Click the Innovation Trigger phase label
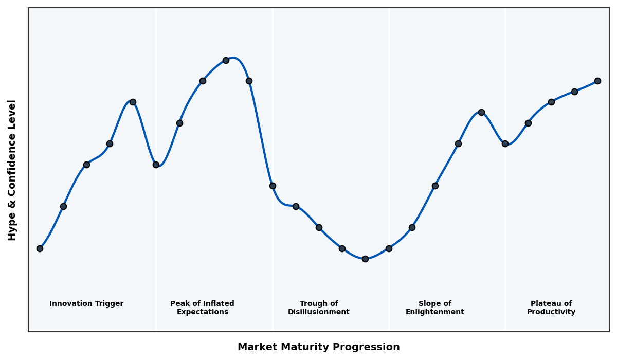[x=86, y=304]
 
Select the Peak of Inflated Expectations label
[x=202, y=308]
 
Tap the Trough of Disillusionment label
[x=319, y=308]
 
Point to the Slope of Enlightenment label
[x=435, y=308]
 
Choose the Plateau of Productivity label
[x=551, y=308]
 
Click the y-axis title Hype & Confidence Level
[x=12, y=170]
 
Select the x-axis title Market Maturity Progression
[x=319, y=347]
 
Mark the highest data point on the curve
[x=226, y=60]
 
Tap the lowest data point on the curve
[x=365, y=259]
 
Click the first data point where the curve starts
[x=40, y=248]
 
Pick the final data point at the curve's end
[x=597, y=81]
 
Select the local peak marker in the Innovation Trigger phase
[x=133, y=102]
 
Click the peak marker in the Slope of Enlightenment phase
[x=481, y=112]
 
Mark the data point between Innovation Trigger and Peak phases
[x=156, y=165]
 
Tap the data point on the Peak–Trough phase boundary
[x=273, y=186]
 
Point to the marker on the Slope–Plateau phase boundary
[x=505, y=143]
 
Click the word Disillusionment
[x=319, y=312]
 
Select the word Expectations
[x=202, y=312]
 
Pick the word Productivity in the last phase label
[x=551, y=312]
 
